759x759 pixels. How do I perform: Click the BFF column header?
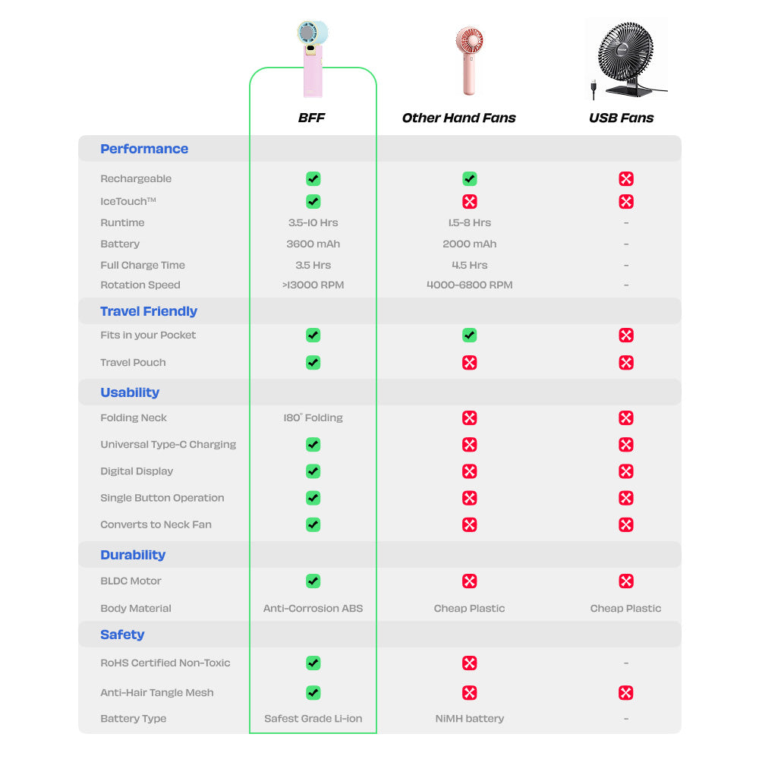pos(311,118)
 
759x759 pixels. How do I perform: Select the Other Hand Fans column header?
pos(458,118)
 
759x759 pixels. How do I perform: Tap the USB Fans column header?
pos(621,118)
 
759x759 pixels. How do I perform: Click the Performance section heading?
pos(144,149)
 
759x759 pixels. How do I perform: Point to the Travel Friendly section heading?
pos(149,311)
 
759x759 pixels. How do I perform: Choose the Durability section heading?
pos(133,555)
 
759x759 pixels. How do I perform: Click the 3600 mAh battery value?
pos(313,244)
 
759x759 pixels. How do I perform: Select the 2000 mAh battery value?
pos(469,244)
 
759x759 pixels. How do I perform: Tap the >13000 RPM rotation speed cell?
pos(313,285)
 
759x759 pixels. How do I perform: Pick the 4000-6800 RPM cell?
pos(469,285)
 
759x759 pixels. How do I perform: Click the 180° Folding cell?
pos(313,417)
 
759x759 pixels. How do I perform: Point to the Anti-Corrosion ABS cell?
pos(313,608)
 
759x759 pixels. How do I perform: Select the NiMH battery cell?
pos(469,718)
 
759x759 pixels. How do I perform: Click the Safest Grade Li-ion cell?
pos(313,718)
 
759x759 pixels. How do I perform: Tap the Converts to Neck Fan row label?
pos(156,524)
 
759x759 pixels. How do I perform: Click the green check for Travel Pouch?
pos(313,362)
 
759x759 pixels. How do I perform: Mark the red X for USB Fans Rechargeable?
pos(625,179)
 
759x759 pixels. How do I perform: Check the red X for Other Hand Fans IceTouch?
pos(469,201)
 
